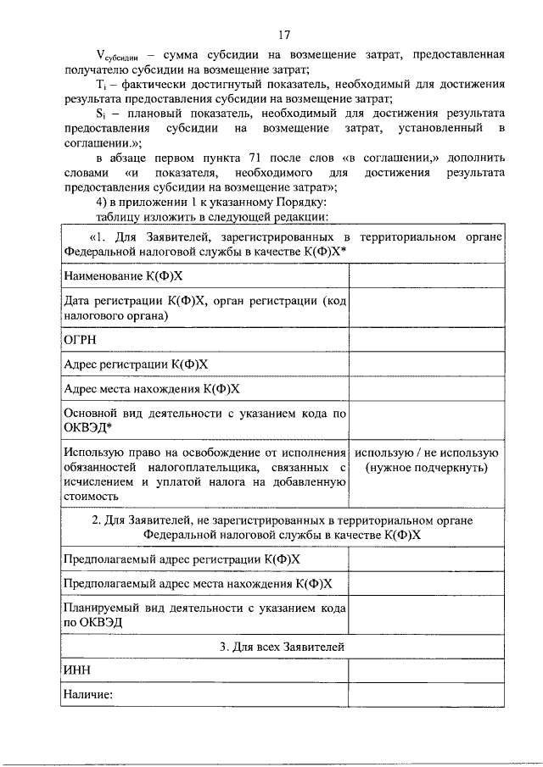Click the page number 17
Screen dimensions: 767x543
283,35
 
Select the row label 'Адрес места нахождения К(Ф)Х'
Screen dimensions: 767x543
152,389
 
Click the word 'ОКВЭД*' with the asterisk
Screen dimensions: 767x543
89,428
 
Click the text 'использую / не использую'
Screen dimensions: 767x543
426,453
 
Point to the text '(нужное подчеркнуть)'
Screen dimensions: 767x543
426,467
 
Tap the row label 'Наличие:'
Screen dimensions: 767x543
88,694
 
